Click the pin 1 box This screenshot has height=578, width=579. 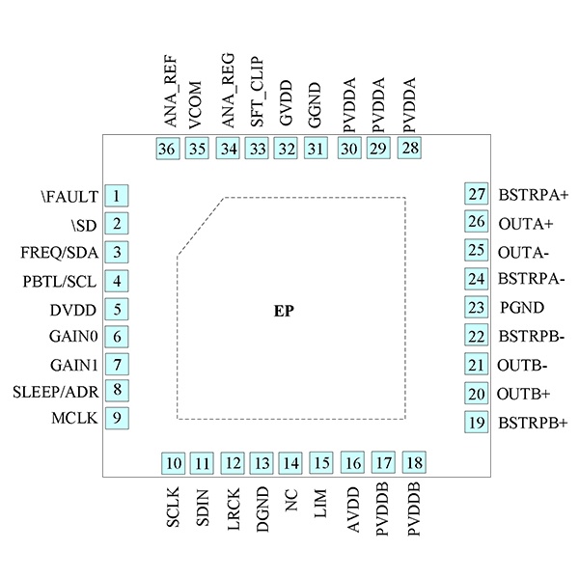coord(116,197)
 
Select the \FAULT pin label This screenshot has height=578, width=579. coord(70,197)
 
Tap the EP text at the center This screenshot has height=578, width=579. coord(283,313)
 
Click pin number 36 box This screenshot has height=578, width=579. coord(167,149)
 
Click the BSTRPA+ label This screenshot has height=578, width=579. coord(534,195)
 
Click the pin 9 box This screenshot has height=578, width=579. coord(116,419)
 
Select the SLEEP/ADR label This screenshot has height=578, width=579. coord(56,392)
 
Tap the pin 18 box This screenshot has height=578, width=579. coord(415,462)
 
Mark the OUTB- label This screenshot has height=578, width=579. coord(523,366)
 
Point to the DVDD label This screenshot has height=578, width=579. coord(74,311)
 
